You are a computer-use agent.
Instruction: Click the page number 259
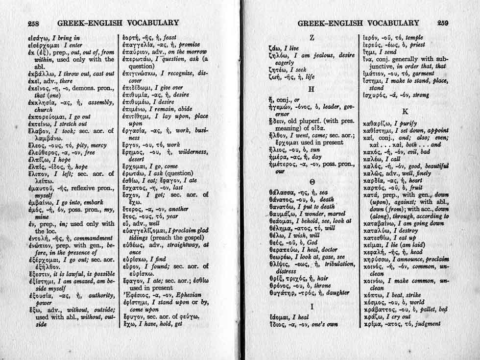(x=443, y=23)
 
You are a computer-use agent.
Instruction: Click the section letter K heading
(x=405, y=111)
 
